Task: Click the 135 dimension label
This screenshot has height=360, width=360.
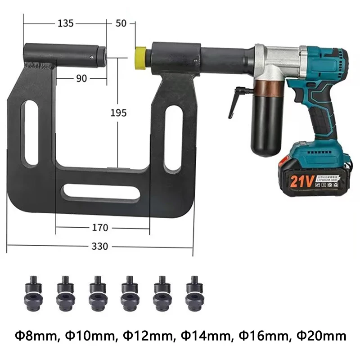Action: pyautogui.click(x=66, y=24)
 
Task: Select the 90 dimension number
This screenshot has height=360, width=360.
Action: pyautogui.click(x=81, y=78)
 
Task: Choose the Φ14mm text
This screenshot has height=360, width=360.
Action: pyautogui.click(x=202, y=335)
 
